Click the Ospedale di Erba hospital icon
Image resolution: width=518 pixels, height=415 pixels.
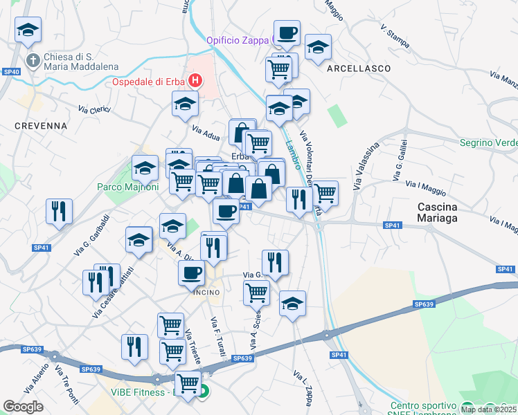coord(195,81)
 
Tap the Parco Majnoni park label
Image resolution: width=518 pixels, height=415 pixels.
coord(128,187)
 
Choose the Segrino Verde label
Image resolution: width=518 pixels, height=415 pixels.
coord(488,142)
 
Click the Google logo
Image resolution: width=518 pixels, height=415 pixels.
coord(23,406)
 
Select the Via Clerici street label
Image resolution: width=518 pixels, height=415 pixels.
coord(94,110)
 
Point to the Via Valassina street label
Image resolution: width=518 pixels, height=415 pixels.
coord(366,167)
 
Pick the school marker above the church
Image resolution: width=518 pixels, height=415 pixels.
coord(28,30)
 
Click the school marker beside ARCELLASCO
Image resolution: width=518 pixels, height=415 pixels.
coord(318,48)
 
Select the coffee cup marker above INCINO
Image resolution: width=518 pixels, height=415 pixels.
coord(192,272)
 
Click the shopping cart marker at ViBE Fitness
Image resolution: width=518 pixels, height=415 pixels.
coord(187,383)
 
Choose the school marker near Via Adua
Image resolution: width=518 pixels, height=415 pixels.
coord(186,105)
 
